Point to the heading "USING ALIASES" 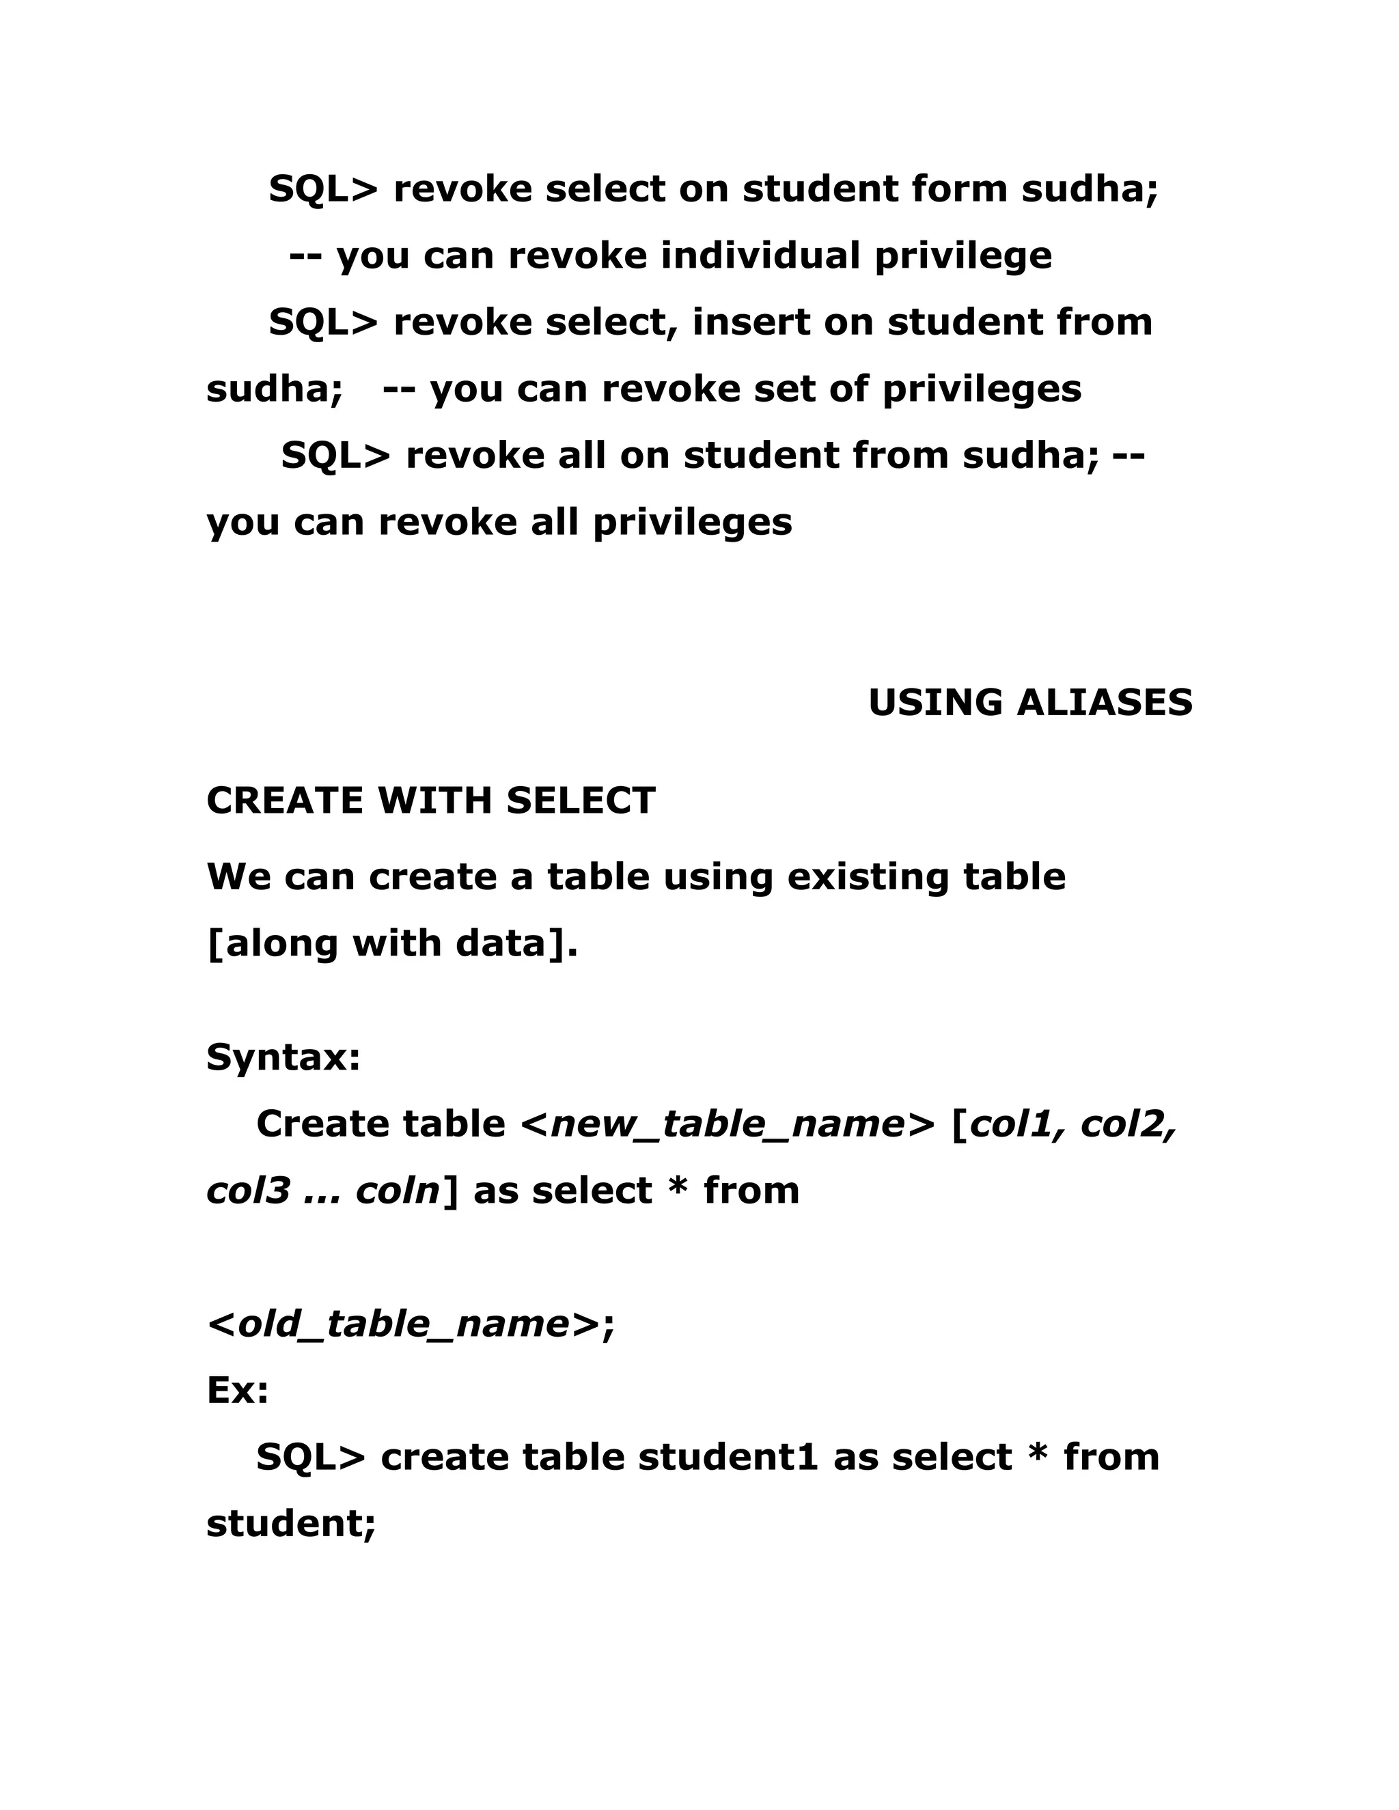pyautogui.click(x=1030, y=703)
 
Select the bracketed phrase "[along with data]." pyautogui.click(x=391, y=944)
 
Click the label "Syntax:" pyautogui.click(x=283, y=1057)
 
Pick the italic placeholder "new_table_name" pyautogui.click(x=727, y=1125)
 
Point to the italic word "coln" pyautogui.click(x=397, y=1191)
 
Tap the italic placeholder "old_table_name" pyautogui.click(x=404, y=1324)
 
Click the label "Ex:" pyautogui.click(x=237, y=1391)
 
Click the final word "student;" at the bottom pyautogui.click(x=291, y=1524)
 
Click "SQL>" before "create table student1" pyautogui.click(x=310, y=1458)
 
